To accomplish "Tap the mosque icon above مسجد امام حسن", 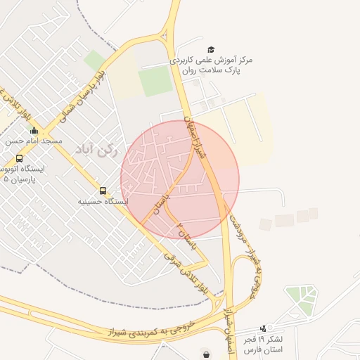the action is point(34,130).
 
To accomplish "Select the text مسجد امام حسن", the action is point(34,141).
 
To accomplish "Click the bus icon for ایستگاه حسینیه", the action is point(103,191).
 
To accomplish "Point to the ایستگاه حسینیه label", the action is point(103,201).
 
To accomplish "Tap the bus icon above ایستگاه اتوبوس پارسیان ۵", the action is point(19,158).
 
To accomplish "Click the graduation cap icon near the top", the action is point(211,49).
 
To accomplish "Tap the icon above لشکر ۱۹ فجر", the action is point(264,328).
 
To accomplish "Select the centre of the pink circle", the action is point(180,179).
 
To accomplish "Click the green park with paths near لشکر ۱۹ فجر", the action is point(300,300).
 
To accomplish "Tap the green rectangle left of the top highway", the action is point(155,82).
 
